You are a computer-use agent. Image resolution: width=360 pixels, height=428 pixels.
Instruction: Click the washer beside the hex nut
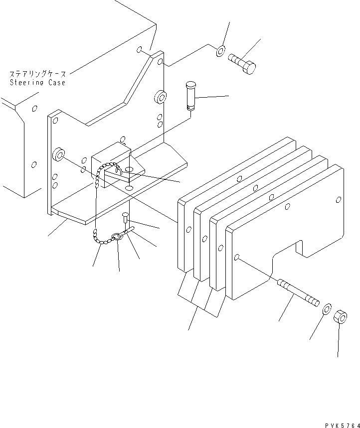coord(327,308)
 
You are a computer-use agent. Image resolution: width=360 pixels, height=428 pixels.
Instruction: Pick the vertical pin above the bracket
coord(191,94)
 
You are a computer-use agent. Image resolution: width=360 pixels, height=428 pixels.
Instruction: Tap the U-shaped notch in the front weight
coord(300,248)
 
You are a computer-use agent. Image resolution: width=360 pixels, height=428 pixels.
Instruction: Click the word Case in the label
coord(56,82)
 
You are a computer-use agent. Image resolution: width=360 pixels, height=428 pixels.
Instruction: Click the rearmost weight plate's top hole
coord(240,178)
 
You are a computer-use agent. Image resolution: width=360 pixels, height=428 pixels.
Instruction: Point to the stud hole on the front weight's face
coord(238,257)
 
